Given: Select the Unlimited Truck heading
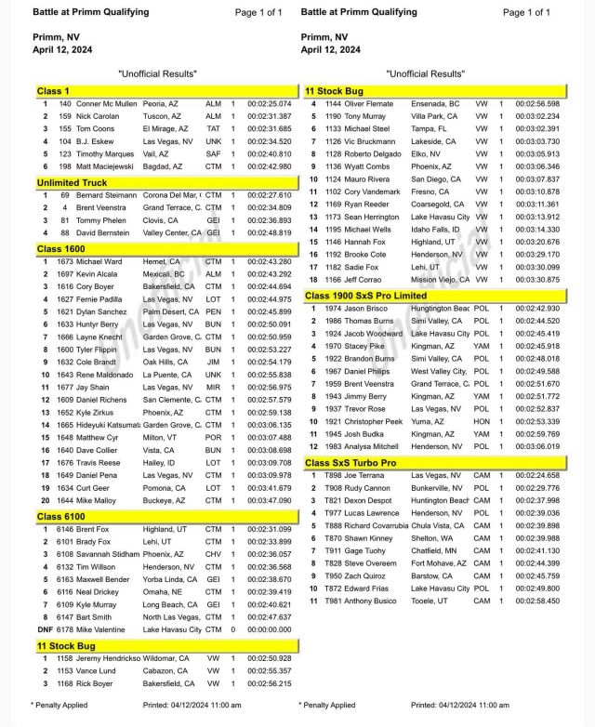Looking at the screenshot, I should pos(71,183).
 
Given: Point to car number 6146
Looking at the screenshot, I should pos(66,527).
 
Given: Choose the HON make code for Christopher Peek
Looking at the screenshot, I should pos(482,420).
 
